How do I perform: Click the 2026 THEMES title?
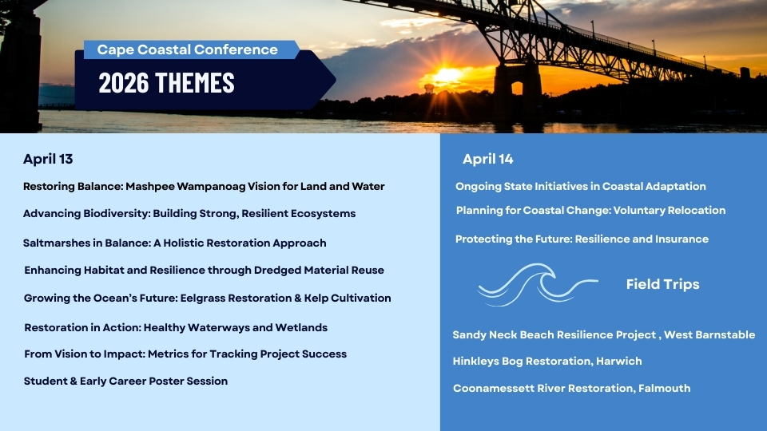coord(166,82)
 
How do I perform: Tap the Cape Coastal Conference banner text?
coord(187,49)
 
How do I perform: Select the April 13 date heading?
coord(48,159)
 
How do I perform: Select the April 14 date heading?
coord(487,159)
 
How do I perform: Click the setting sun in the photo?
coord(447,76)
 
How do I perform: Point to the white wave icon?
coord(537,284)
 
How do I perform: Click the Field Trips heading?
coord(663,284)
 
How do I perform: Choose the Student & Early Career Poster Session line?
coord(125,382)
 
